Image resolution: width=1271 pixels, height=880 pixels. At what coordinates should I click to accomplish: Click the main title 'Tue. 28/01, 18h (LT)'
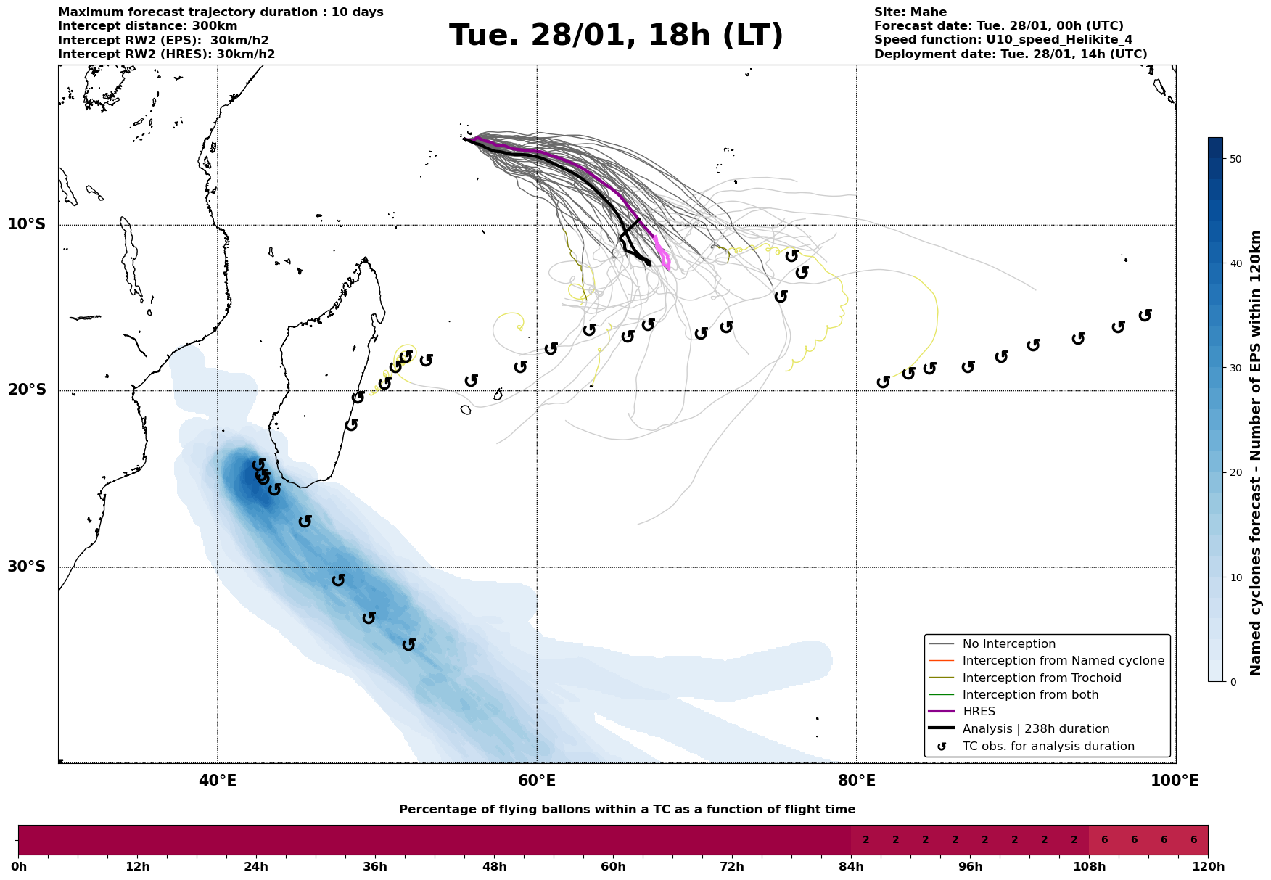click(x=616, y=36)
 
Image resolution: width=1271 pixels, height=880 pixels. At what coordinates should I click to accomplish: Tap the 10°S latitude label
click(x=27, y=224)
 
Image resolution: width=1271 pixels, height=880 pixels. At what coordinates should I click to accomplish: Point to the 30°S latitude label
click(x=27, y=567)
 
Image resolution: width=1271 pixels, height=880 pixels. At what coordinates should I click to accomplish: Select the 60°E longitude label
click(x=537, y=781)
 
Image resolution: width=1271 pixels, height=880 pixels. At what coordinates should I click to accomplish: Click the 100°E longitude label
click(x=1175, y=781)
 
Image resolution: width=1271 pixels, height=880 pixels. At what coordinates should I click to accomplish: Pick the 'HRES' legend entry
click(x=979, y=712)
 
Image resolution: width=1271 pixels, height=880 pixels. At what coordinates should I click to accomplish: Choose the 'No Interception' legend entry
click(x=1008, y=644)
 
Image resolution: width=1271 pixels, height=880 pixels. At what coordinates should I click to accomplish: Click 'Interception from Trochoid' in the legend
click(x=1041, y=678)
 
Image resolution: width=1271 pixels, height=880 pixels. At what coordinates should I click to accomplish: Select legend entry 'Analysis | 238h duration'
click(x=1035, y=729)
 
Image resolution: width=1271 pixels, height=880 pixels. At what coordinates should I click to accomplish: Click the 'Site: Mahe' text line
click(x=910, y=12)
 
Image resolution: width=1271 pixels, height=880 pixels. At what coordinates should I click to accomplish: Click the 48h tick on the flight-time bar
click(x=494, y=867)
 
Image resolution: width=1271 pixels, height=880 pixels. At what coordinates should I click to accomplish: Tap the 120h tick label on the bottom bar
click(x=1207, y=867)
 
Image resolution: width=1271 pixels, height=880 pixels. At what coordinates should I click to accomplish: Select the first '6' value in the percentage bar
click(x=1104, y=840)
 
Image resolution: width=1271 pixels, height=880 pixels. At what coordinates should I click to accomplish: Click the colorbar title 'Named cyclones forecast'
click(x=1256, y=453)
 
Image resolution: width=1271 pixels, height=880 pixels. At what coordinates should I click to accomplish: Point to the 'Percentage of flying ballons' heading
click(x=627, y=810)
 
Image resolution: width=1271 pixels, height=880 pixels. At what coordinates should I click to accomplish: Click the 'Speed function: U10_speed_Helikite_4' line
click(x=1003, y=40)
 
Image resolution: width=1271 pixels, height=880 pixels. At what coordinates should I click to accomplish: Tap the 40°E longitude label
click(x=218, y=781)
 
